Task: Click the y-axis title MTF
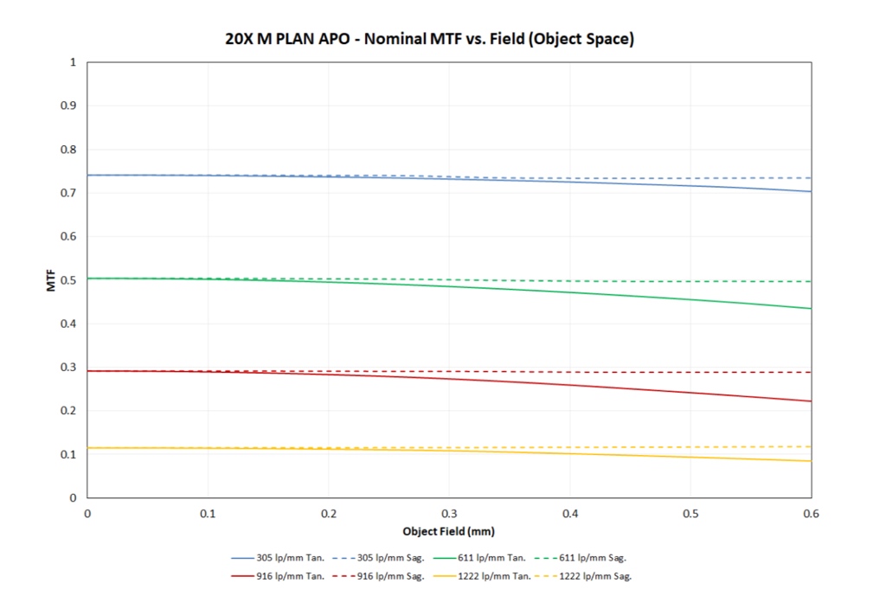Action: tap(52, 280)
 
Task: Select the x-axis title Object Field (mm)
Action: tap(448, 530)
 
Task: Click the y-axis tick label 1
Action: tap(74, 62)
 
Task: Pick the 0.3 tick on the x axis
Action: tap(449, 513)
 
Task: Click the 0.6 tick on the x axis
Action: tap(811, 513)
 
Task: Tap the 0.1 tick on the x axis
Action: tap(208, 513)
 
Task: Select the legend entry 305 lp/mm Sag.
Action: tap(388, 559)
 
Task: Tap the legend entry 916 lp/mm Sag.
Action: tap(388, 576)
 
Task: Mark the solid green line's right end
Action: tap(811, 309)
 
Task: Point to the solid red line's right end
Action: tap(811, 401)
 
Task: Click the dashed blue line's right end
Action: tap(811, 178)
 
